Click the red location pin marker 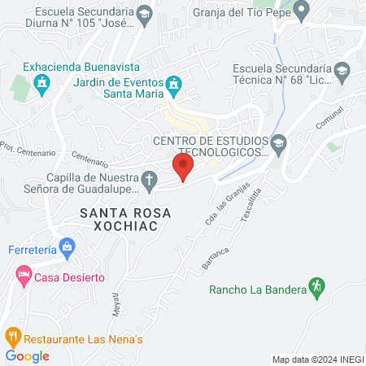click(183, 168)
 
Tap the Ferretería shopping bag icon click(68, 245)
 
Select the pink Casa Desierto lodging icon click(23, 277)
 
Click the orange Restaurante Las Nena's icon click(12, 335)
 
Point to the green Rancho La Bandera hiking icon click(317, 286)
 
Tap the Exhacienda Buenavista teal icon click(43, 82)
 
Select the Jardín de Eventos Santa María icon click(172, 84)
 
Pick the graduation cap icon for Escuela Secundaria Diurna click(144, 12)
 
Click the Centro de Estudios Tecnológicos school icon click(278, 142)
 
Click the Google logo click(27, 355)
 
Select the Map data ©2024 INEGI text click(316, 359)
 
